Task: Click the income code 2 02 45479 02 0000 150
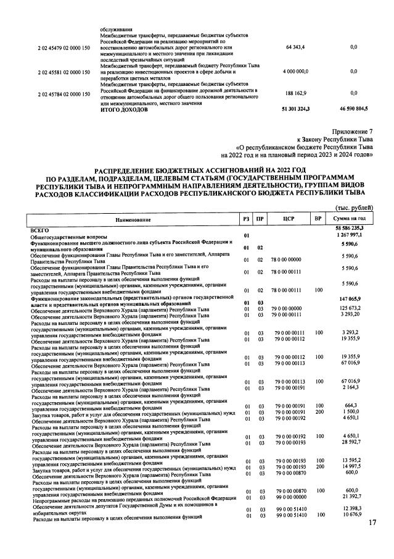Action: pyautogui.click(x=64, y=47)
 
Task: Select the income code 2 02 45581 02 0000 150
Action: pyautogui.click(x=64, y=72)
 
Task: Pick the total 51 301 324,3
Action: pyautogui.click(x=295, y=109)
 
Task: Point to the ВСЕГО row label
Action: pyautogui.click(x=41, y=229)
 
